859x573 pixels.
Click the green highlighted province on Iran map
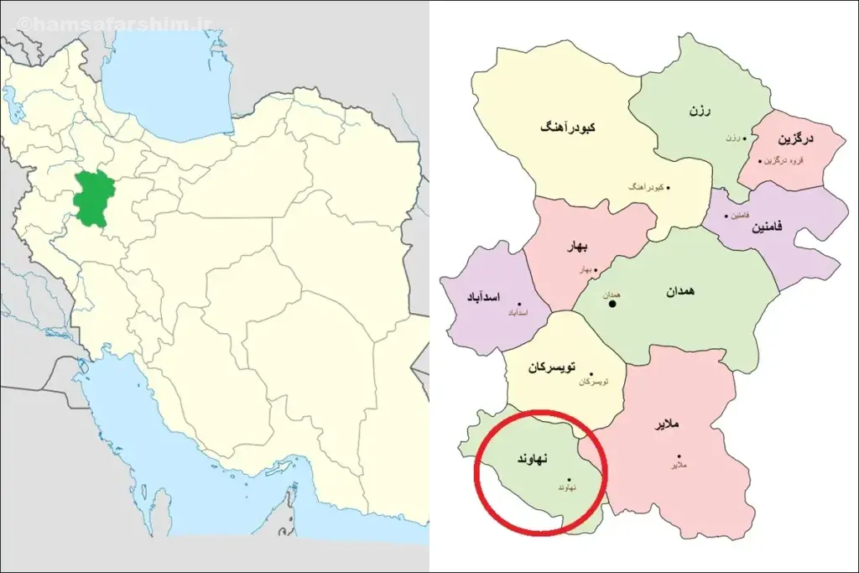91,199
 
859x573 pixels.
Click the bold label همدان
682,291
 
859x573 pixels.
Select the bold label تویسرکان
551,367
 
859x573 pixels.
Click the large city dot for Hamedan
612,303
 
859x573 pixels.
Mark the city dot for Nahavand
570,480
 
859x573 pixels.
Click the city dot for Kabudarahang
669,188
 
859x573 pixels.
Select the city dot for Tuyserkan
591,374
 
